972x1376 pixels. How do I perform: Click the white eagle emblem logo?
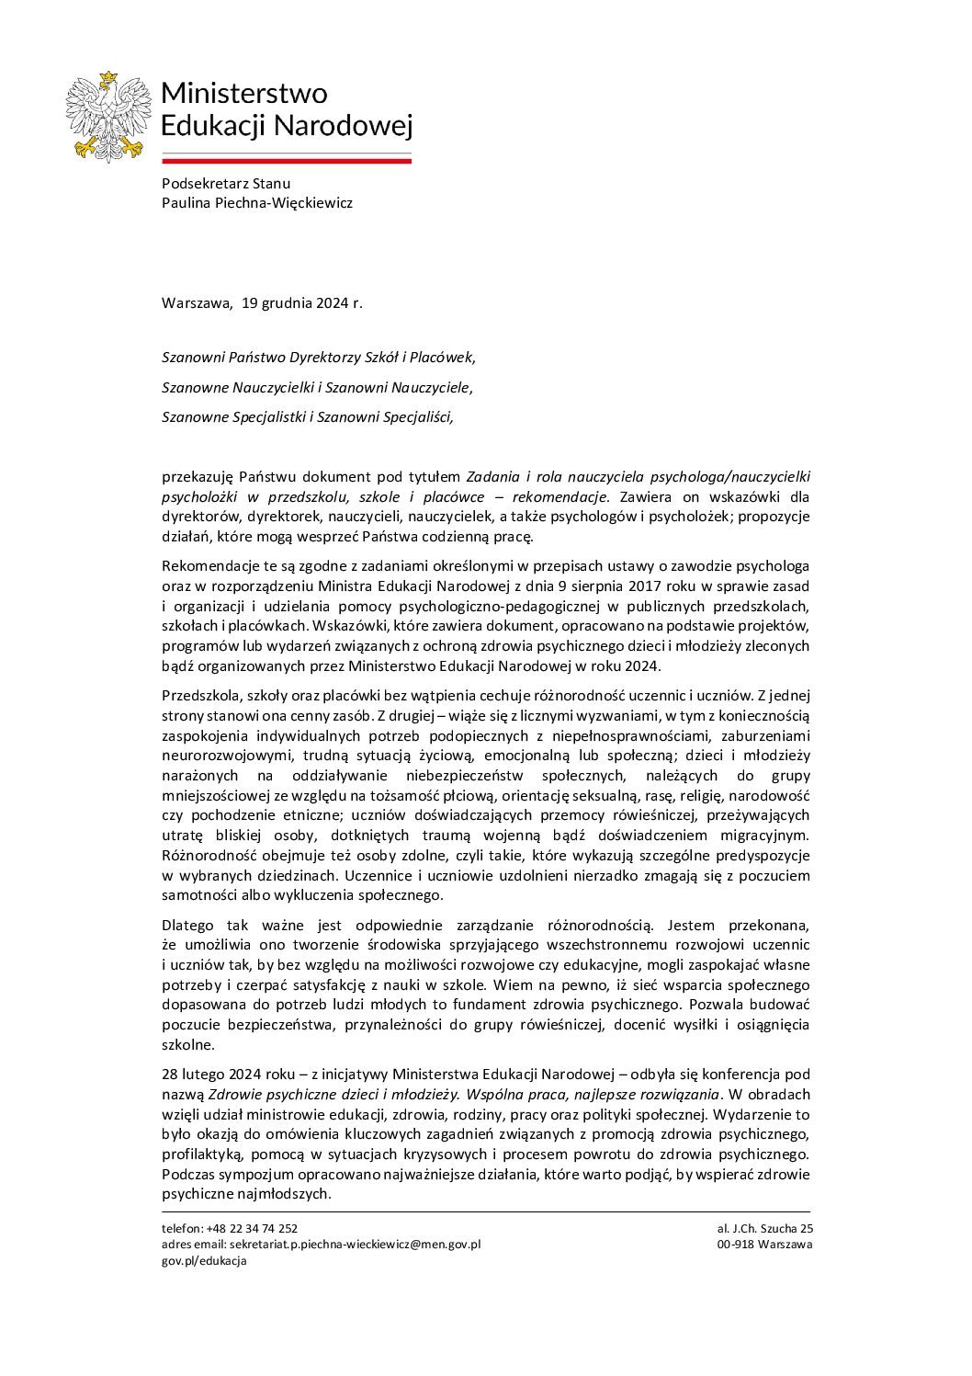107,117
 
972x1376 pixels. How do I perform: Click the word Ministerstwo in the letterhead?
243,93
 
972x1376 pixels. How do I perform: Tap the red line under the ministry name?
286,161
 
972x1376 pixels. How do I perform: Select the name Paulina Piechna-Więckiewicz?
256,202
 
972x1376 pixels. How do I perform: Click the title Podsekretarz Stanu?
225,183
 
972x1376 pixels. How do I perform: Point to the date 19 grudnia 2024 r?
302,302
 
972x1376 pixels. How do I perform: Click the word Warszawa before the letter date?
197,302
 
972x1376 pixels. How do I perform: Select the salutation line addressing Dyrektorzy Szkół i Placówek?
318,357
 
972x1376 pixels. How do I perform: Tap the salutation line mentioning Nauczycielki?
317,387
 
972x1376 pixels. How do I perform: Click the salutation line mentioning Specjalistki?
307,416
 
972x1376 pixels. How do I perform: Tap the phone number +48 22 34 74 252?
252,1228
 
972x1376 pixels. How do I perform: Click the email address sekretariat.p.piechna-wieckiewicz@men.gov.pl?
355,1245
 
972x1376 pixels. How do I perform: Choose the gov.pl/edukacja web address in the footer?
204,1261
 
